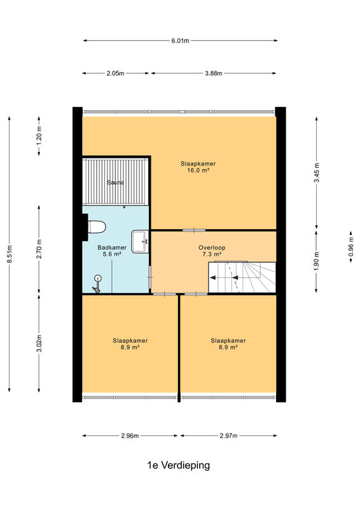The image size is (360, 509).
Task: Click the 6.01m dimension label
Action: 180,41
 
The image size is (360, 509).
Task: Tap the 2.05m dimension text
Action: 115,73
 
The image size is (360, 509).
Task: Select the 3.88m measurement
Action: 214,73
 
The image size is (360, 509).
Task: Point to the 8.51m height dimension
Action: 10,253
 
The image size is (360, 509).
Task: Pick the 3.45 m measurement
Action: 317,172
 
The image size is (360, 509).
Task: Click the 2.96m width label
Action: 130,436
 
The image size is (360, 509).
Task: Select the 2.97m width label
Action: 228,436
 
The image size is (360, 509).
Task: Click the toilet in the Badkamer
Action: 97,227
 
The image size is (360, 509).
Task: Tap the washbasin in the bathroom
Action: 140,241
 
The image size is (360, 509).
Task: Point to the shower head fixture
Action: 97,283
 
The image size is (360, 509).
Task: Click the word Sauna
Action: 116,183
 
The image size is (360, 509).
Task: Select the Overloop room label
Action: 212,248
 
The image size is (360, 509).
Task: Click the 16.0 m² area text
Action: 198,170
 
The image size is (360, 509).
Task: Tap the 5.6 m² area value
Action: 112,254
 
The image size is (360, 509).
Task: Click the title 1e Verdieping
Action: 179,465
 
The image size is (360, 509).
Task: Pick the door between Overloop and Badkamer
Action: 150,277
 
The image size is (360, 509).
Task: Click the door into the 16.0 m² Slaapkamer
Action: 194,230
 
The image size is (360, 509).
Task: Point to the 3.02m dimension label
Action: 39,343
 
